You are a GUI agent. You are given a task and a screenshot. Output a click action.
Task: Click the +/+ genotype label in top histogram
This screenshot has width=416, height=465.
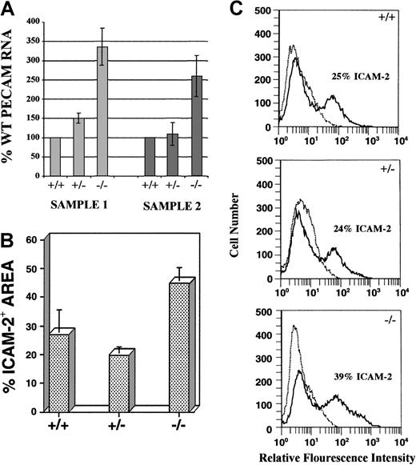coord(399,15)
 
